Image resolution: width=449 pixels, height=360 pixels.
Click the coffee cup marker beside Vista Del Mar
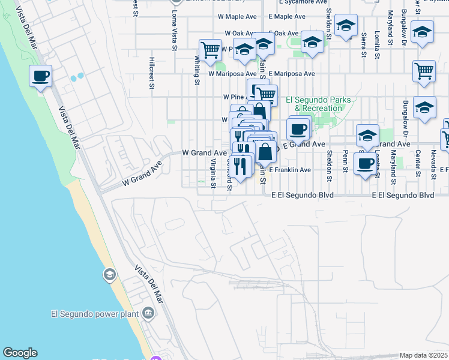(40, 77)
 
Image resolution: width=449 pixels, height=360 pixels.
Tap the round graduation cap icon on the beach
(109, 275)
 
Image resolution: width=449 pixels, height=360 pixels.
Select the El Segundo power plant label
(93, 313)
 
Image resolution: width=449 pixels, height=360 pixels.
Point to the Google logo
(20, 353)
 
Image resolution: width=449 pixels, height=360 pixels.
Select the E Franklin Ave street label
(290, 170)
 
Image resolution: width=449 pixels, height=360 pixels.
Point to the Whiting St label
(197, 67)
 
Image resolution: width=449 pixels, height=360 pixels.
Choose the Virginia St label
(213, 173)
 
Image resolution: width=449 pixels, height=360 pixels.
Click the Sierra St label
(364, 44)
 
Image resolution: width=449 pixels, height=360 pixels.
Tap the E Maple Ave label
(288, 17)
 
